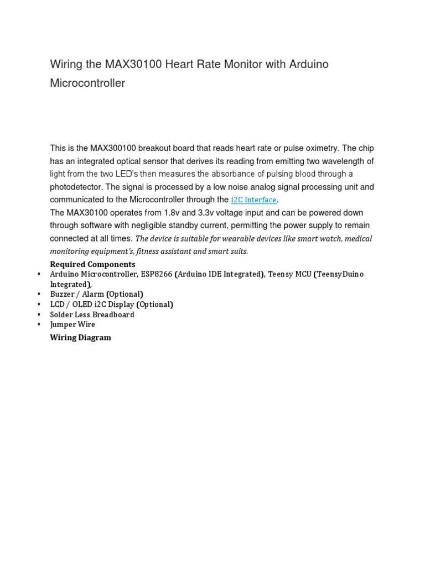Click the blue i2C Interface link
[x=253, y=200]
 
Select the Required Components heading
[x=92, y=264]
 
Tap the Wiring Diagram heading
[x=80, y=337]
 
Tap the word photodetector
[x=76, y=187]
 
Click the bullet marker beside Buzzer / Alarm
[x=39, y=294]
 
